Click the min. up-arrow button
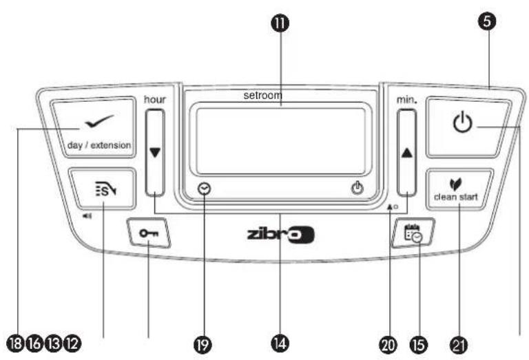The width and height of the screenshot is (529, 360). [407, 152]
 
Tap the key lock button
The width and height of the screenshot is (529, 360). [147, 234]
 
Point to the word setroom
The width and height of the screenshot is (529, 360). [263, 96]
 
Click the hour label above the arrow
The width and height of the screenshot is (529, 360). [154, 99]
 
